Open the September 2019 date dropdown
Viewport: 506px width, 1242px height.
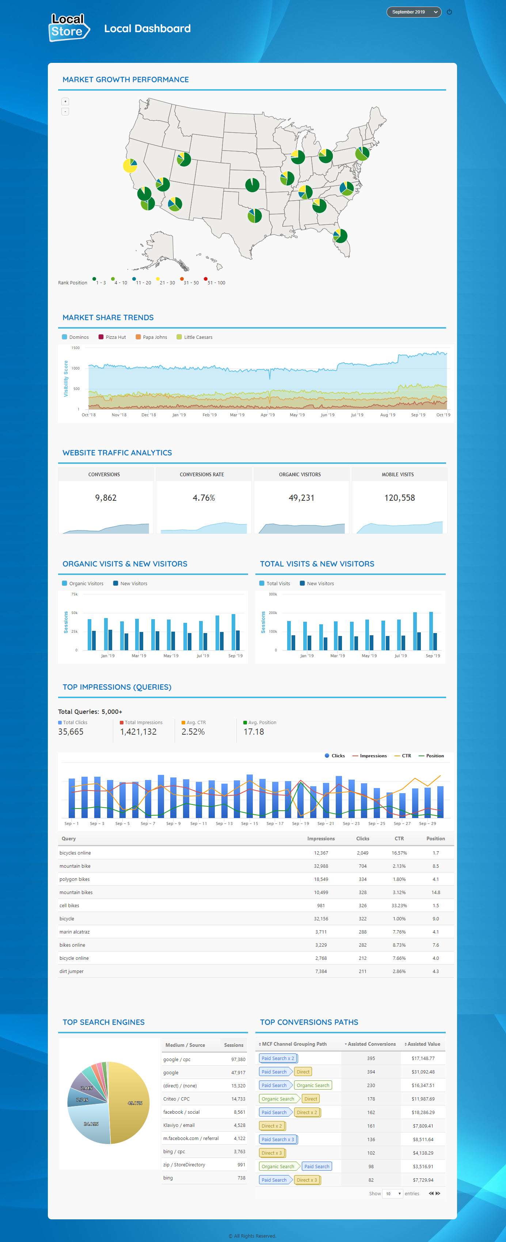pyautogui.click(x=414, y=12)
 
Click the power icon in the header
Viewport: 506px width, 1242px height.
pyautogui.click(x=449, y=12)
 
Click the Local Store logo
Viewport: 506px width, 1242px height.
pyautogui.click(x=69, y=27)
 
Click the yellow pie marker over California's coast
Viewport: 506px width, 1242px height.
pyautogui.click(x=130, y=165)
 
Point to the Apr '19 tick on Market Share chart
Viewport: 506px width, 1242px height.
pyautogui.click(x=267, y=414)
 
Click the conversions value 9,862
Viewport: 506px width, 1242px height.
pyautogui.click(x=106, y=497)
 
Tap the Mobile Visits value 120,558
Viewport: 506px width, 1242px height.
pyautogui.click(x=399, y=497)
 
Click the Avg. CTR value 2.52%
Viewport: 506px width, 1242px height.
pyautogui.click(x=193, y=731)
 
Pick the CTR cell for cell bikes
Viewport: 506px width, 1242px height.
pyautogui.click(x=399, y=905)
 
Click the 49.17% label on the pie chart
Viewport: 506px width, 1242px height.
pyautogui.click(x=135, y=1103)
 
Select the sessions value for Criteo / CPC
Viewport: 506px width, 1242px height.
pyautogui.click(x=238, y=1099)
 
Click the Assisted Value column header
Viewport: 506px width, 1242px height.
pyautogui.click(x=423, y=1044)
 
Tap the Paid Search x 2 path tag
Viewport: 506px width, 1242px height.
pyautogui.click(x=278, y=1058)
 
